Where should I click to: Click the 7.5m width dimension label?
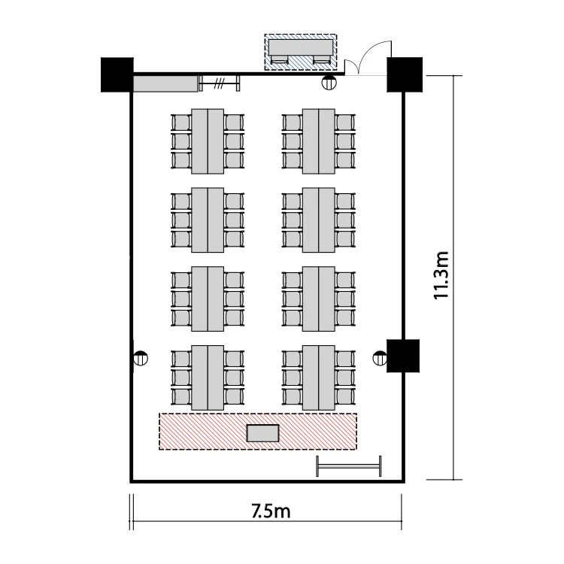(271, 511)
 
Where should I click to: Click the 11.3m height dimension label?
(441, 275)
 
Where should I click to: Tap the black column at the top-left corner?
(117, 74)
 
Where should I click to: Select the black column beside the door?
(405, 74)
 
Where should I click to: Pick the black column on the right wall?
(403, 356)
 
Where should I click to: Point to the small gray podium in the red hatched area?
(263, 433)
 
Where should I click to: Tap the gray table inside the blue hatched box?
(301, 47)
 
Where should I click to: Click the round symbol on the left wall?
(141, 358)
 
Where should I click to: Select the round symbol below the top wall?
(329, 83)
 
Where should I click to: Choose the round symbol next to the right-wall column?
(380, 358)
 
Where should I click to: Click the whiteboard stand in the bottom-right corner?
(349, 466)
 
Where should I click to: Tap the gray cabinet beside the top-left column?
(165, 83)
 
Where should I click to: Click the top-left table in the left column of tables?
(208, 141)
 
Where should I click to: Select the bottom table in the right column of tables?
(319, 378)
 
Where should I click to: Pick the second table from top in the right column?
(319, 220)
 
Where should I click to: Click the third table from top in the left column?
(208, 299)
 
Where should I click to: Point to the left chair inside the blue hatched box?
(280, 60)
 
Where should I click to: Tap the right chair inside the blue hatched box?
(322, 60)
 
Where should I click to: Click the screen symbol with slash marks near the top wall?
(220, 83)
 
